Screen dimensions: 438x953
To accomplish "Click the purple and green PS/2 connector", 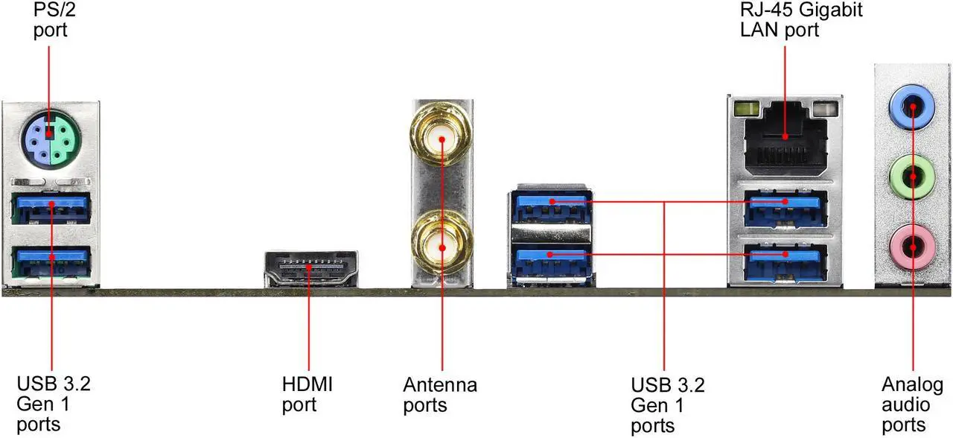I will click(x=50, y=137).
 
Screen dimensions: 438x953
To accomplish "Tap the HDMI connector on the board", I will click(x=311, y=269).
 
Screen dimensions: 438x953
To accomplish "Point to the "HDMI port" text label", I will click(x=307, y=395).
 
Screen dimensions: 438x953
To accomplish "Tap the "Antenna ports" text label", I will click(x=440, y=395).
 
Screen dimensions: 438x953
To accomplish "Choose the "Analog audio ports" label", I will click(x=913, y=404).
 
